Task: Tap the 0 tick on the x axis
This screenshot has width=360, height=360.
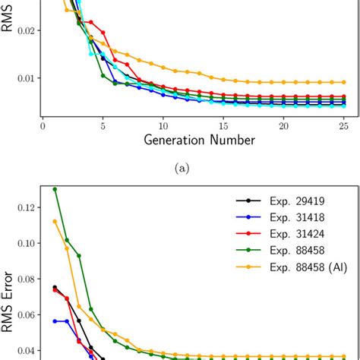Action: pos(43,125)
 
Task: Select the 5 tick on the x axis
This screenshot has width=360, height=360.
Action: pos(103,125)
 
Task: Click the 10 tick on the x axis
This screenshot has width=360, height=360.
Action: pos(163,125)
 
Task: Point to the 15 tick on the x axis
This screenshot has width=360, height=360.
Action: pos(223,125)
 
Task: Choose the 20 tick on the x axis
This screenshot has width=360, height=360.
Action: pos(283,125)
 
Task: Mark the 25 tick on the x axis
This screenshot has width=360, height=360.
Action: pos(343,125)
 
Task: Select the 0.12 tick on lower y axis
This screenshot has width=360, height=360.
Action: pos(24,207)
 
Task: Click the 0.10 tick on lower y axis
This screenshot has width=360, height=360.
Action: pos(24,243)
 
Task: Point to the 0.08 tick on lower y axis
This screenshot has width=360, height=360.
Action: pos(24,279)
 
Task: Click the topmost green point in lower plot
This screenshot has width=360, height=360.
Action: pos(55,189)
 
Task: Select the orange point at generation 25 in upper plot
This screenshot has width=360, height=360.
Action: pos(343,82)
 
